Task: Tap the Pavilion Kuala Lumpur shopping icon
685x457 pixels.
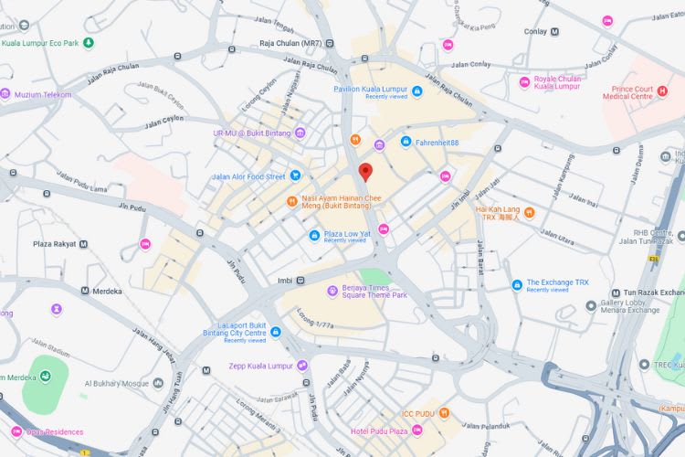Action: [x=416, y=90]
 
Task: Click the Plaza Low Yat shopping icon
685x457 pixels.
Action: [x=313, y=236]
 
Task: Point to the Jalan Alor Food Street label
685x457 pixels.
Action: [x=248, y=176]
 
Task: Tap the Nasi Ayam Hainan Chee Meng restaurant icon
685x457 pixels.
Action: [x=291, y=201]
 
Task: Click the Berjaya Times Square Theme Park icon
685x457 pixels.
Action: [x=332, y=291]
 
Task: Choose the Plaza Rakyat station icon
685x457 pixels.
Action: [x=84, y=244]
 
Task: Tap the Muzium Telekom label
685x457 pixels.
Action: [x=42, y=94]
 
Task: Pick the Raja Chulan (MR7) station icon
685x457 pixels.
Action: [x=330, y=43]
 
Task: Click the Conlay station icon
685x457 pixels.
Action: [x=554, y=31]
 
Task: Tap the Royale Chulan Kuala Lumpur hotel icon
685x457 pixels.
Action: [x=524, y=82]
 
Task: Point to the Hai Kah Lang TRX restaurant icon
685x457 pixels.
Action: [x=529, y=213]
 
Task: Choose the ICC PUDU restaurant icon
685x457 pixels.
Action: [x=445, y=412]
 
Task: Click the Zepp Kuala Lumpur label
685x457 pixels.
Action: [x=260, y=366]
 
